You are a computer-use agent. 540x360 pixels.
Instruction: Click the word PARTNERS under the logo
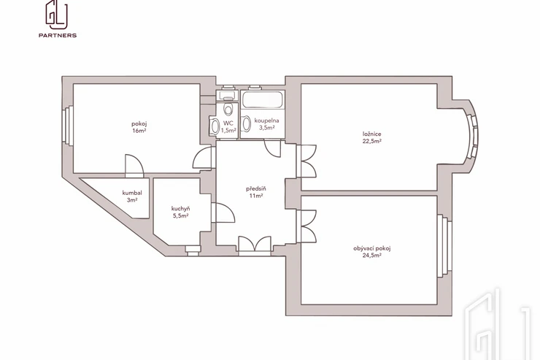coord(58,35)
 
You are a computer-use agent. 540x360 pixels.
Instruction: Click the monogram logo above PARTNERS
coord(56,15)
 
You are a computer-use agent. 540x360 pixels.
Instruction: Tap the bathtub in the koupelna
coord(263,99)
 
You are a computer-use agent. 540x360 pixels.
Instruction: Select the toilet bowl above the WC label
coord(228,109)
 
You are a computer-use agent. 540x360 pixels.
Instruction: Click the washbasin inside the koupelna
coord(246,124)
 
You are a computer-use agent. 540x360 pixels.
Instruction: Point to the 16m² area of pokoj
coord(139,131)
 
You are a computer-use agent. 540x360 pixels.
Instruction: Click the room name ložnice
coord(372,134)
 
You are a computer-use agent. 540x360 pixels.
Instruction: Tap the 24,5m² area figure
coord(372,256)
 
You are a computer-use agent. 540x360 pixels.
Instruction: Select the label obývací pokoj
coord(372,248)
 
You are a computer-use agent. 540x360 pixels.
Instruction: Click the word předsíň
coord(256,189)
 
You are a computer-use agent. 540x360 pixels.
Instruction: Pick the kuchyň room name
coord(180,209)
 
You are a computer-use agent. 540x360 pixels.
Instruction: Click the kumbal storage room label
coord(132,193)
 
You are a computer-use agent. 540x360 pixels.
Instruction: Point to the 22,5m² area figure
coord(372,141)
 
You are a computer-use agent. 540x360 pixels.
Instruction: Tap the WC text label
coord(228,123)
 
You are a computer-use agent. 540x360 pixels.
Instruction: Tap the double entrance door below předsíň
coord(255,246)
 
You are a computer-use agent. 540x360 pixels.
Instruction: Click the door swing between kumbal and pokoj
coord(134,166)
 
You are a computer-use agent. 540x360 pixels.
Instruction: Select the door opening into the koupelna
coord(273,148)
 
